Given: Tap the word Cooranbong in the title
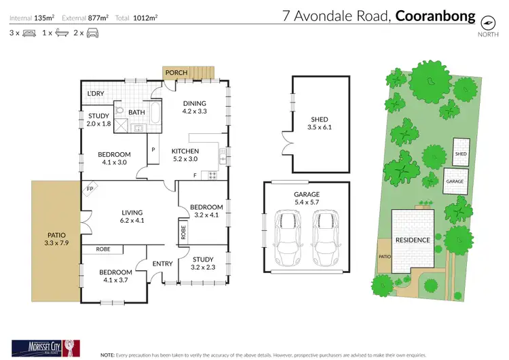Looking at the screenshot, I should [x=436, y=16].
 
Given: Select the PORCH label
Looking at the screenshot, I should [x=176, y=73].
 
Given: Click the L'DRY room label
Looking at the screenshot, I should [x=94, y=94].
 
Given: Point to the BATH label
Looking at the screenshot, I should [x=136, y=113].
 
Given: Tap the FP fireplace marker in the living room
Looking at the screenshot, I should [x=89, y=189].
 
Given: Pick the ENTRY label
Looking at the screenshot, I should [x=162, y=264].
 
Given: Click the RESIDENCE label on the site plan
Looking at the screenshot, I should [x=413, y=240].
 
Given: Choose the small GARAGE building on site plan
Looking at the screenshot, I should [x=455, y=181].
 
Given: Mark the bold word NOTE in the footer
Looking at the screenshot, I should [x=108, y=354].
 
